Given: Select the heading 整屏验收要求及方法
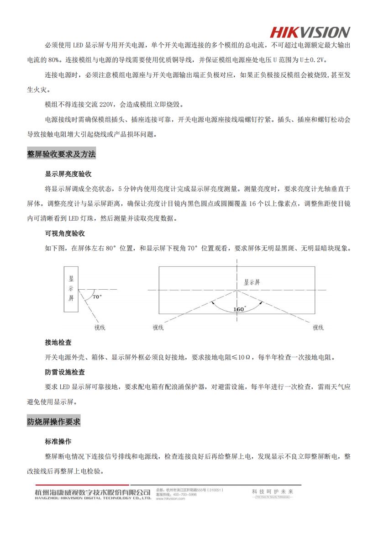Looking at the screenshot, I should pyautogui.click(x=61, y=154).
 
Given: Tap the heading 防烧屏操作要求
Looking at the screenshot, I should pyautogui.click(x=53, y=421).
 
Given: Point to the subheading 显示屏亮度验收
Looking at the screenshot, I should pyautogui.click(x=68, y=174).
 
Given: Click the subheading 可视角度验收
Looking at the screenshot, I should pyautogui.click(x=65, y=233).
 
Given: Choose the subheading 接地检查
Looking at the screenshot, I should pyautogui.click(x=58, y=342).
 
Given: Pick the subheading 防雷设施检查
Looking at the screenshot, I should pyautogui.click(x=65, y=372).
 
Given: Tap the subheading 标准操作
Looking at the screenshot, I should pyautogui.click(x=58, y=442).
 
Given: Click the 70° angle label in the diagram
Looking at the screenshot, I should pyautogui.click(x=97, y=297).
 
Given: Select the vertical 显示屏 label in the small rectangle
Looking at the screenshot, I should pyautogui.click(x=71, y=288).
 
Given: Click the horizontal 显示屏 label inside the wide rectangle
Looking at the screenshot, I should pyautogui.click(x=252, y=282).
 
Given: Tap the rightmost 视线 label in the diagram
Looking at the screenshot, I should pyautogui.click(x=318, y=328).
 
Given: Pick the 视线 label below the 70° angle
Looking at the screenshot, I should pyautogui.click(x=100, y=328).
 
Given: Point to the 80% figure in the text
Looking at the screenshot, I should pyautogui.click(x=55, y=60).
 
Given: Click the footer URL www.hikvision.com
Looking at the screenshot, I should pyautogui.click(x=170, y=499).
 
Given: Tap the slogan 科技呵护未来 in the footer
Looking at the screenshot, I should pyautogui.click(x=273, y=492).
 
